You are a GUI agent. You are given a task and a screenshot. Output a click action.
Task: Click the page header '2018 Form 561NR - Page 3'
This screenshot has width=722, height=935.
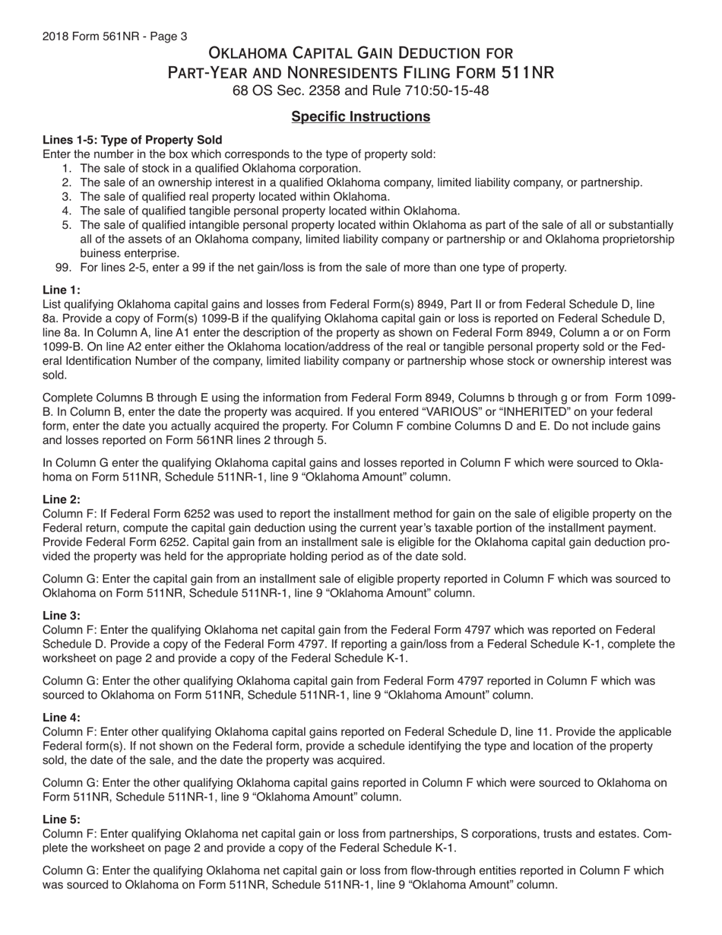coord(115,36)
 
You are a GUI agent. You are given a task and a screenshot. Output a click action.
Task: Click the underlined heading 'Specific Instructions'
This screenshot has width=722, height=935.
coord(361,116)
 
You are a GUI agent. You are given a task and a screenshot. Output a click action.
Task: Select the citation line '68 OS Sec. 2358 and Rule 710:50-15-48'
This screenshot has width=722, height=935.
coord(361,91)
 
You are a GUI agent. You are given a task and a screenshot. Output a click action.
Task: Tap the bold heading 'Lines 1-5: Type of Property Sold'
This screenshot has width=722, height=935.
coord(132,140)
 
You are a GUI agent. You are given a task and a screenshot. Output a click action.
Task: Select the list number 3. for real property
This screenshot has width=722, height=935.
coord(67,197)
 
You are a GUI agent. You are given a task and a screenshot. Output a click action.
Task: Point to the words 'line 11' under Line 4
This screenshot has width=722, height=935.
coord(505,732)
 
